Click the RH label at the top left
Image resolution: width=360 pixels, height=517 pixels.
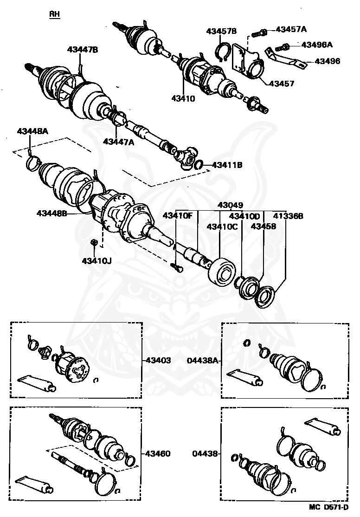(x=55, y=14)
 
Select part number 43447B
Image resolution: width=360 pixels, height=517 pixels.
(x=83, y=49)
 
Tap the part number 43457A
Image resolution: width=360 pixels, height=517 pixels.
(x=291, y=29)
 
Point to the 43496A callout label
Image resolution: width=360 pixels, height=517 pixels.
(x=317, y=45)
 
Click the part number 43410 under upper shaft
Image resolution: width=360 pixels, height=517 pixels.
(x=183, y=98)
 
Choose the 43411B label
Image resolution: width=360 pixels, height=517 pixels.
(x=228, y=165)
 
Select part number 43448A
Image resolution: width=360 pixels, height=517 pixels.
(x=33, y=131)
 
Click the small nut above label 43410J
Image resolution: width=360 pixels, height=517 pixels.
(x=93, y=242)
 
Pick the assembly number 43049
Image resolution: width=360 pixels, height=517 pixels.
(x=231, y=205)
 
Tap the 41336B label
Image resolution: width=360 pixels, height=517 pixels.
(x=288, y=216)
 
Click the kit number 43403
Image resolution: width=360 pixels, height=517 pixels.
(x=159, y=360)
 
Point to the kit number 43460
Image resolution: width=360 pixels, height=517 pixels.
(x=159, y=453)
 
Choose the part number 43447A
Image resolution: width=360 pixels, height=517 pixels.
(x=118, y=142)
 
